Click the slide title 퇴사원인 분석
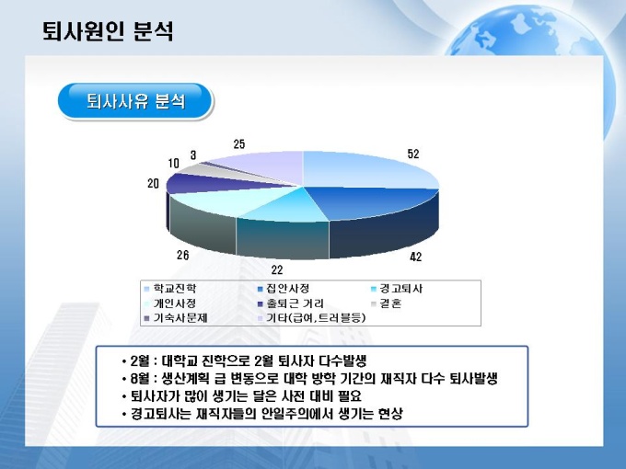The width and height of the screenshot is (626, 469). (x=108, y=31)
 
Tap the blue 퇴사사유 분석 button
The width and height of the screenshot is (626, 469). (x=135, y=101)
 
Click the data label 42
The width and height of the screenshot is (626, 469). (x=415, y=257)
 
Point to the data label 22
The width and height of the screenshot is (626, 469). (x=277, y=270)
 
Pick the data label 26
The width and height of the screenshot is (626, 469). (x=183, y=256)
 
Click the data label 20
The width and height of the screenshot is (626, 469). (x=154, y=183)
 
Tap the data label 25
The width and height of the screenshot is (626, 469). (x=239, y=144)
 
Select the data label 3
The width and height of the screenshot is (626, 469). (x=193, y=155)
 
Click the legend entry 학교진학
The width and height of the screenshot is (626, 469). (x=170, y=289)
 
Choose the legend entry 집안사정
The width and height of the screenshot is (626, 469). (x=284, y=289)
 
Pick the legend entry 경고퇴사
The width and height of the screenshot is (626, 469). (x=397, y=289)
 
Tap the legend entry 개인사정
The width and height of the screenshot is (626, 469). (x=170, y=303)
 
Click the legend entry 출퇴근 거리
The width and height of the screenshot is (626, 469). (x=291, y=303)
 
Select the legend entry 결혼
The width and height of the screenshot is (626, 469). (x=386, y=303)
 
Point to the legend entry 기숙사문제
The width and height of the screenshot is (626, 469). (x=176, y=318)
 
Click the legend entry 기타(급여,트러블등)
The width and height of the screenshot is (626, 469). (x=311, y=318)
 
